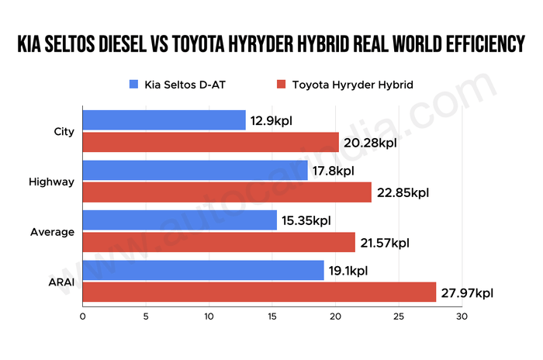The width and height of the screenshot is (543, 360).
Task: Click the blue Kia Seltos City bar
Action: point(164,120)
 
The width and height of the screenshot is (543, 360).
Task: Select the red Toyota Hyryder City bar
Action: point(210,143)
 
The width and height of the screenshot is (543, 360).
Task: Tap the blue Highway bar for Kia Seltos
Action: point(195,171)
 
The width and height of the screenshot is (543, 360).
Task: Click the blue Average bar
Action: point(179,220)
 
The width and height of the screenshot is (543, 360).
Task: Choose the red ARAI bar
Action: point(259,292)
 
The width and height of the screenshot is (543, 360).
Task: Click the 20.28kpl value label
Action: point(371,143)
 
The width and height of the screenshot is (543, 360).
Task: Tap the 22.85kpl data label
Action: point(403,192)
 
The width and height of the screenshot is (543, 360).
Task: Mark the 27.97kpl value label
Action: point(468,292)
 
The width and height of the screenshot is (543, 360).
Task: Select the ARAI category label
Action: point(61,282)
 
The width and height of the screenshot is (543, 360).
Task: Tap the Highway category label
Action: point(51,182)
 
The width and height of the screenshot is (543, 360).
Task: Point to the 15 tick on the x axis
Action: point(272,317)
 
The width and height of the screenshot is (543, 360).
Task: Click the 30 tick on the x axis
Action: point(462,317)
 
